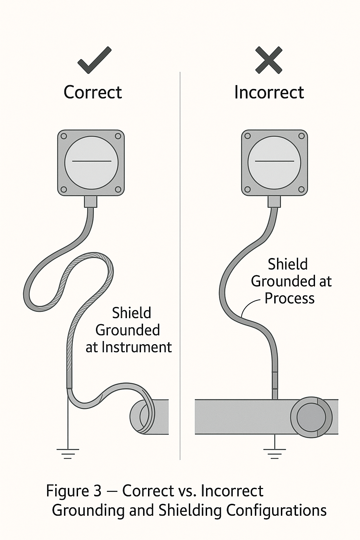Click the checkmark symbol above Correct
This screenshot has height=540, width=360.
pos(94,60)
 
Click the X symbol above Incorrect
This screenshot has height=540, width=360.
pos(269,60)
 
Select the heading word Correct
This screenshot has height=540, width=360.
pos(93,92)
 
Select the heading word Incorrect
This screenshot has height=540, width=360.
pos(269,92)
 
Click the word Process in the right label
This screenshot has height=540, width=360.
pos(289,298)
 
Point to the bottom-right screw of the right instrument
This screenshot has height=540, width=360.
pos(301,190)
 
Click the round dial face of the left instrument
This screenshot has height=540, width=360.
pos(91,162)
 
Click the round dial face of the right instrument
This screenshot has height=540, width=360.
pos(274,162)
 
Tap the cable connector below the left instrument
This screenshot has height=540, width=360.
pos(91,201)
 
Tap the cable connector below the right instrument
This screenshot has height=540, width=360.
pos(274,201)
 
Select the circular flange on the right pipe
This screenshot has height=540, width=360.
pos(311,417)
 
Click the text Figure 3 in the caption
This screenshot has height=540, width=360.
pos(74,491)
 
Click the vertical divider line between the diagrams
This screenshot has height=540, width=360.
pos(180,264)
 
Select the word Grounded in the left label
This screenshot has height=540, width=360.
pos(128,330)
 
